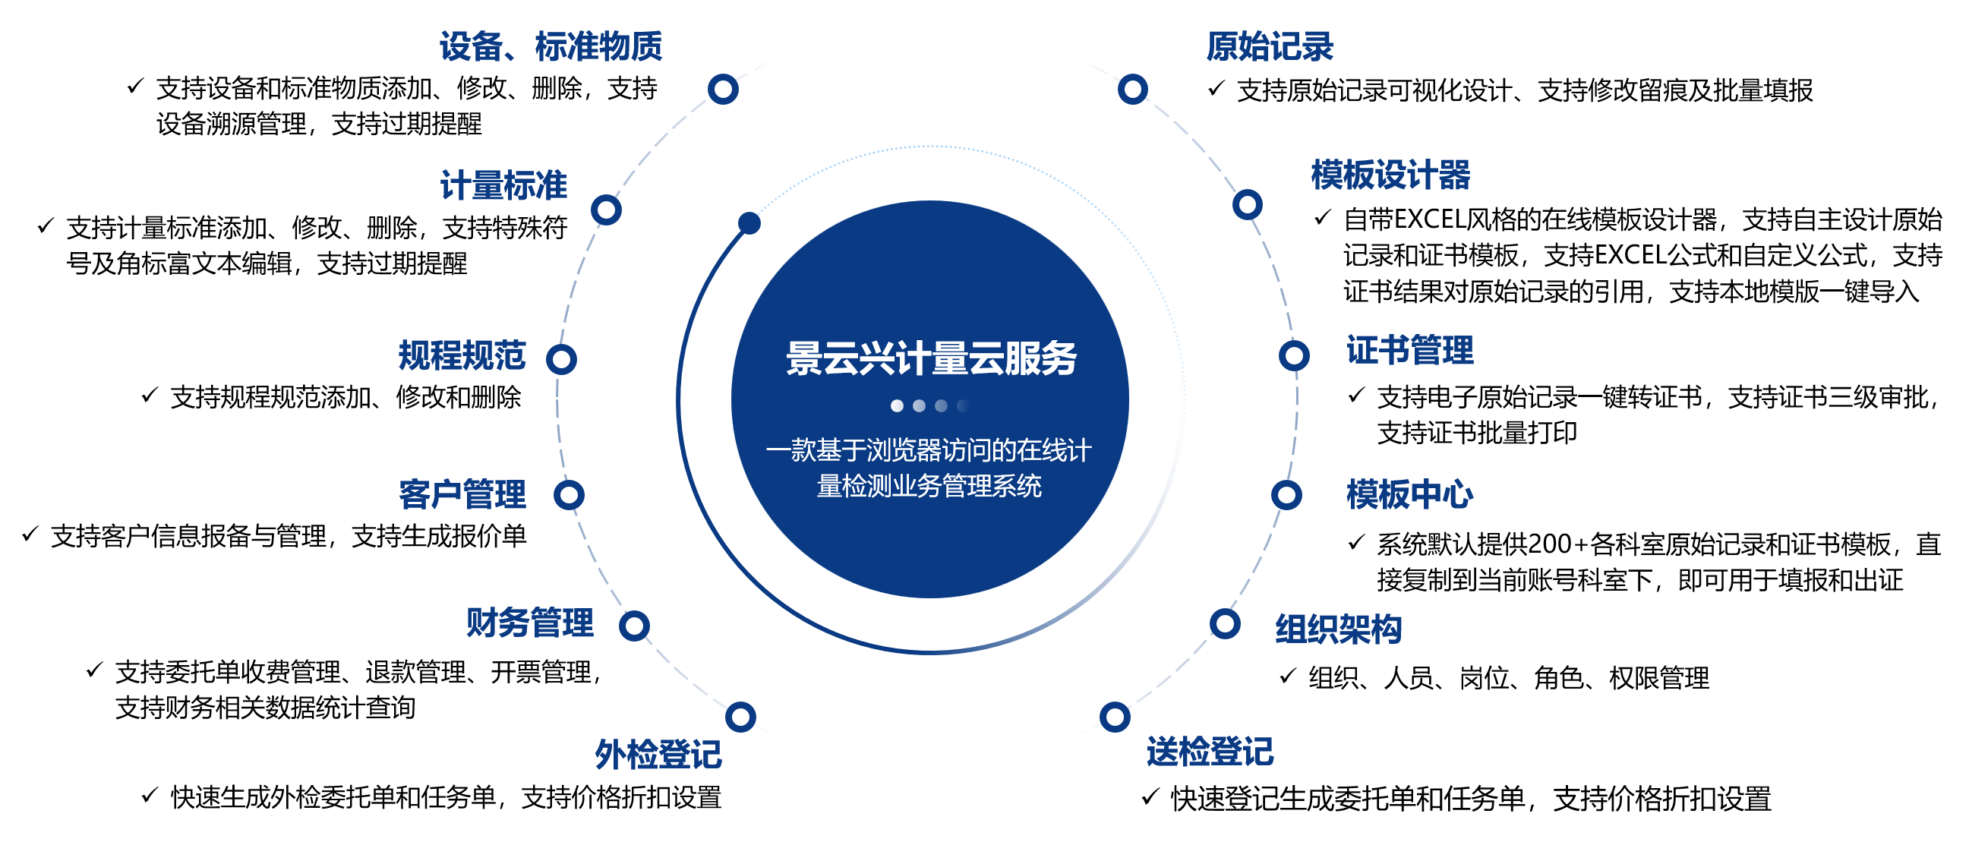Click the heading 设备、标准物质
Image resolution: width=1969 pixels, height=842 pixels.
(551, 46)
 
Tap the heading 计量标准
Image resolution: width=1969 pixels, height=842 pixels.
(503, 186)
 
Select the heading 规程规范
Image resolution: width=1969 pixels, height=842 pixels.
(462, 355)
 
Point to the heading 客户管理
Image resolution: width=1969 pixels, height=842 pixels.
(462, 494)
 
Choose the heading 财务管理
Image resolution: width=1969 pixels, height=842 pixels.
(530, 623)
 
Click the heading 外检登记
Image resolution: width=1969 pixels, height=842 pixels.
(658, 755)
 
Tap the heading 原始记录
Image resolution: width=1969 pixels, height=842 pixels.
(1270, 46)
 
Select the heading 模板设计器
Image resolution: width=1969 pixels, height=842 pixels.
(1390, 175)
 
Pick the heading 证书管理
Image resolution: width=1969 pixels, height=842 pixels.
(1409, 351)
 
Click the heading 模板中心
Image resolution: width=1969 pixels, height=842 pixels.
(1409, 494)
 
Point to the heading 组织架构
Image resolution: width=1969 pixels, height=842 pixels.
(1339, 629)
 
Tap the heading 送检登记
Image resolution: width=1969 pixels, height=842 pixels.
(1210, 752)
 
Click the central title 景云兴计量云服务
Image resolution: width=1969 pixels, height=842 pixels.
(931, 358)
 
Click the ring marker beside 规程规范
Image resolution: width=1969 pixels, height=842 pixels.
(561, 359)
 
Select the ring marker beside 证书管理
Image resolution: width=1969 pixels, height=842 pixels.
(1294, 355)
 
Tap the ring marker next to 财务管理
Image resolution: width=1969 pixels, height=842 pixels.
(634, 626)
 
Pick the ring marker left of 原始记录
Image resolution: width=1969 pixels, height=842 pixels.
(1133, 90)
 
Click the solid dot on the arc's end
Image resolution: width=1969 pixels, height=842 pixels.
(749, 223)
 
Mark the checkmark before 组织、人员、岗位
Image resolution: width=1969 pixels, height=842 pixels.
(1288, 676)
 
